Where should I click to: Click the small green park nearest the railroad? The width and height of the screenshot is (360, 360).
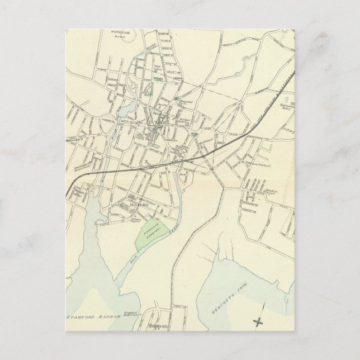pos(194,135)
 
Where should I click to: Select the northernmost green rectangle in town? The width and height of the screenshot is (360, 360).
pos(160,80)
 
